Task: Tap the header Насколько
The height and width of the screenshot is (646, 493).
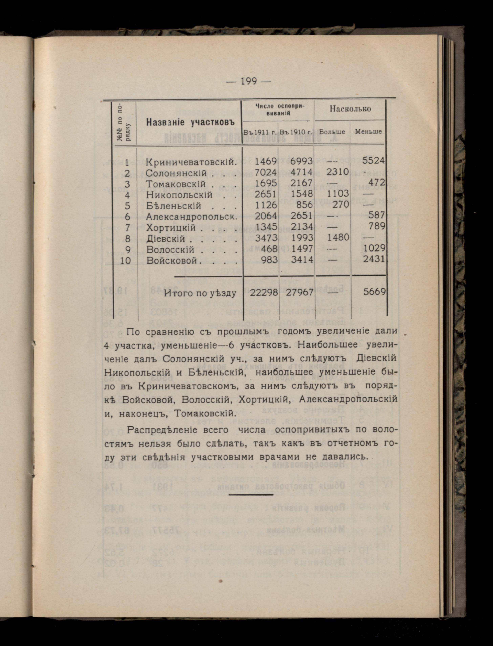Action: click(350, 109)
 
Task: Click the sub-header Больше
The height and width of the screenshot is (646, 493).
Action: click(332, 132)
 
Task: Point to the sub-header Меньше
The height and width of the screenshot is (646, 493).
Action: click(368, 132)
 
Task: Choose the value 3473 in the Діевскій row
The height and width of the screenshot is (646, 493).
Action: click(266, 237)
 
